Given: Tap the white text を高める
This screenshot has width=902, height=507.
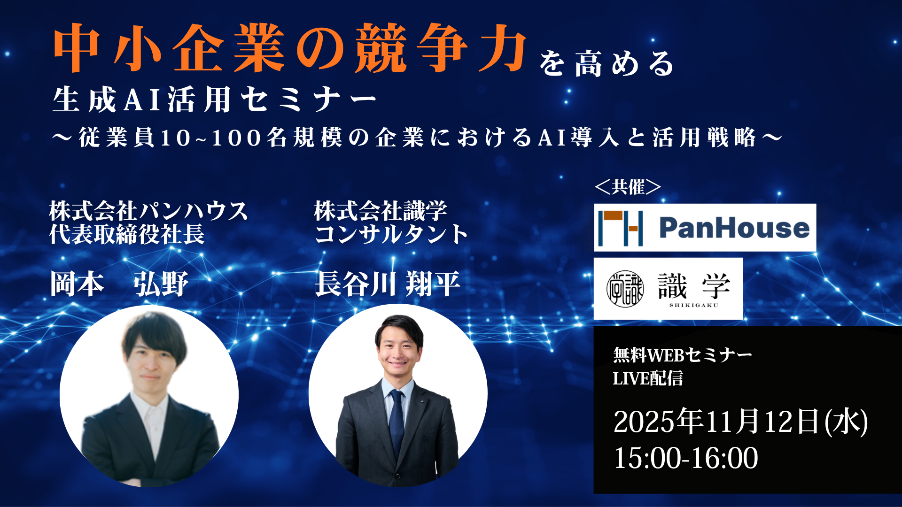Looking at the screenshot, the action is tap(607, 63).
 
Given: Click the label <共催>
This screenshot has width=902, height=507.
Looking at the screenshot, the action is tap(628, 187).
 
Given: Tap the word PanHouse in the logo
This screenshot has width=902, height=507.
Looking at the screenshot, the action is tap(734, 228).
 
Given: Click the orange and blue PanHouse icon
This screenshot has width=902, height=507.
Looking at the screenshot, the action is tap(620, 228).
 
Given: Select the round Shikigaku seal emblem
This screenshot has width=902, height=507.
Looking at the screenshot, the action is tap(625, 289).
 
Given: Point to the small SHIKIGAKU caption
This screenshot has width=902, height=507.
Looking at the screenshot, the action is tap(694, 306).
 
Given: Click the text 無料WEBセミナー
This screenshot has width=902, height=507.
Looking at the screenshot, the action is tap(683, 355).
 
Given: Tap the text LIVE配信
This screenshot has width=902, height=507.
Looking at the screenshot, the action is tap(648, 378).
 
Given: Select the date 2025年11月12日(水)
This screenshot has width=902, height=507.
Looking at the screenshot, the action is tap(740, 422).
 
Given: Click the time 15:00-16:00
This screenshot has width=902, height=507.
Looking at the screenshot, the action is tap(686, 458).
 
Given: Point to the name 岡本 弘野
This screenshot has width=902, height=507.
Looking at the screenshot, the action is tap(119, 284).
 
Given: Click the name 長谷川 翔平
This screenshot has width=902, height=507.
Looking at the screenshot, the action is tap(388, 284).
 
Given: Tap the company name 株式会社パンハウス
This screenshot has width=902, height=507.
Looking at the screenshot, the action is tap(149, 211).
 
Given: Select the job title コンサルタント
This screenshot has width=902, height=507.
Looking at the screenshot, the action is tap(391, 234).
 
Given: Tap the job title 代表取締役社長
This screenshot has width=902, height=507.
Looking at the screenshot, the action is tap(127, 234).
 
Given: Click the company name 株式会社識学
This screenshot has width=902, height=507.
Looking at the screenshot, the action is tap(381, 211).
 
